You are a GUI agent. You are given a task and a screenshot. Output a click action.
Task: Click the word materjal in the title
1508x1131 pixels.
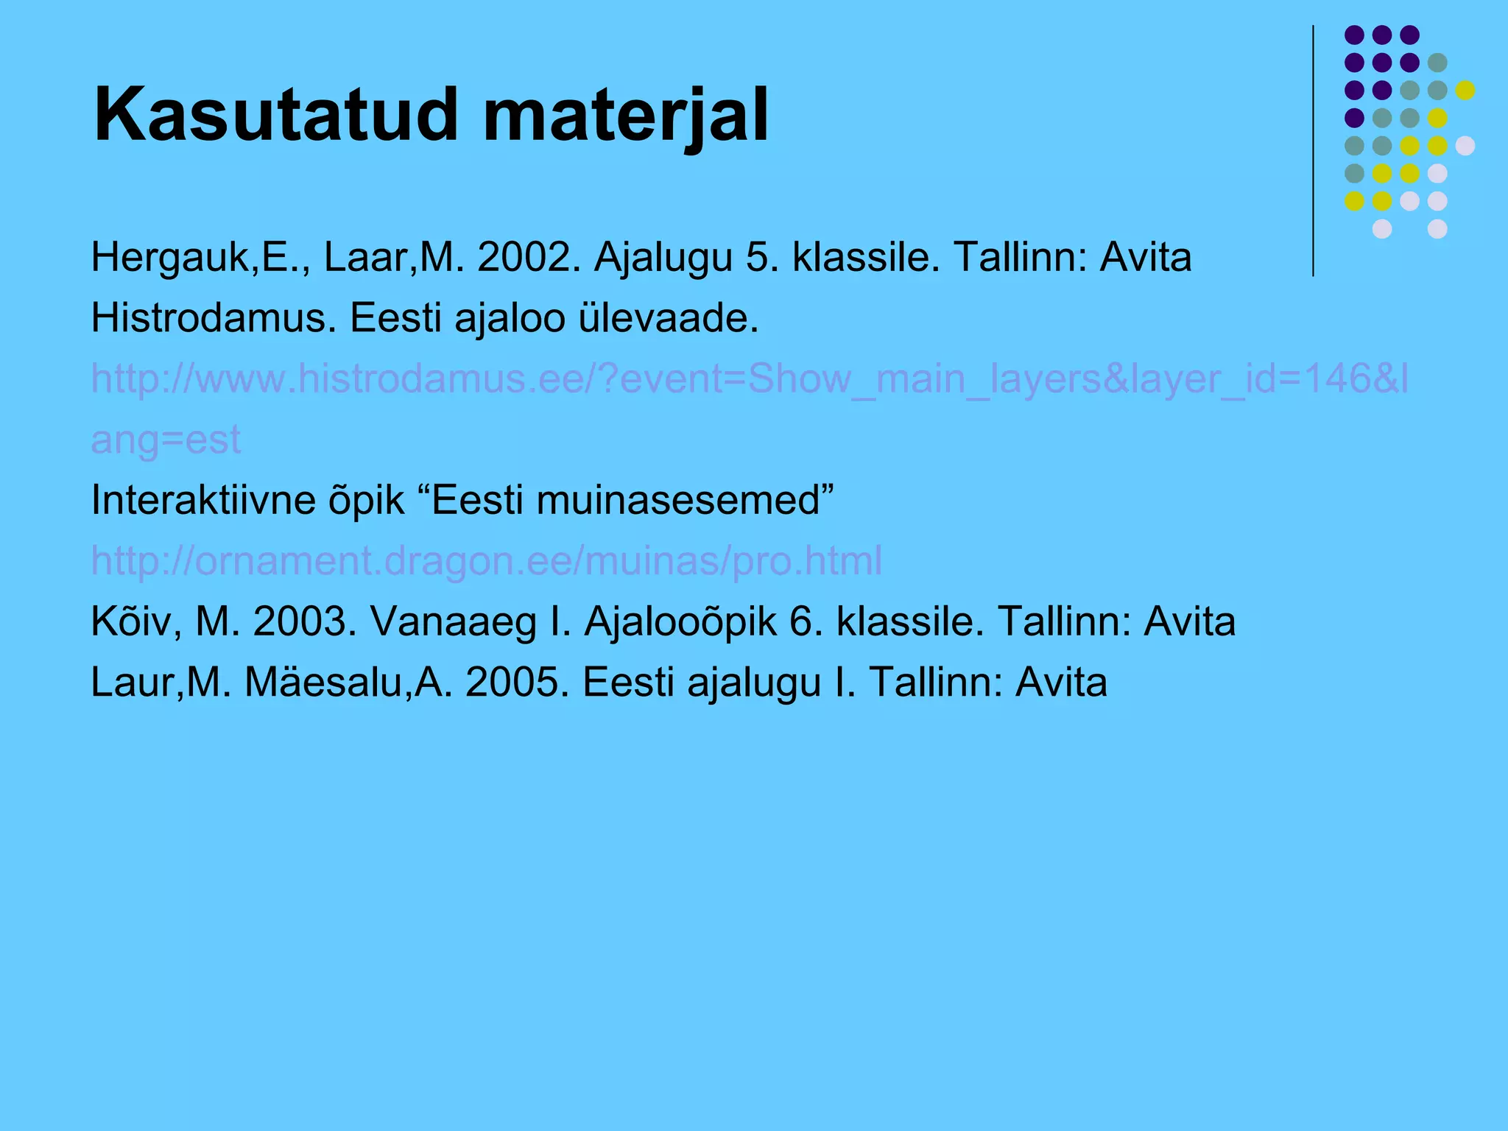tap(625, 116)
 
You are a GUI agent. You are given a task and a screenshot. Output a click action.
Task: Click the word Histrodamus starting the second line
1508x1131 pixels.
tap(213, 318)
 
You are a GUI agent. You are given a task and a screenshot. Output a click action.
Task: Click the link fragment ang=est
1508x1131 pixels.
tap(166, 440)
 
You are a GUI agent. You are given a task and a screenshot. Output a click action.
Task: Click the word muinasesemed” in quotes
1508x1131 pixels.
tap(686, 500)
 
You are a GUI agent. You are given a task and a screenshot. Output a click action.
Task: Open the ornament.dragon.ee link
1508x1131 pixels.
tap(486, 560)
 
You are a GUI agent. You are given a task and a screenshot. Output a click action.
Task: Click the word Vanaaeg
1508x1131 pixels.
tap(453, 621)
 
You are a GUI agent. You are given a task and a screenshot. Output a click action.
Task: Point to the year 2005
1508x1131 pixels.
tap(517, 682)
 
